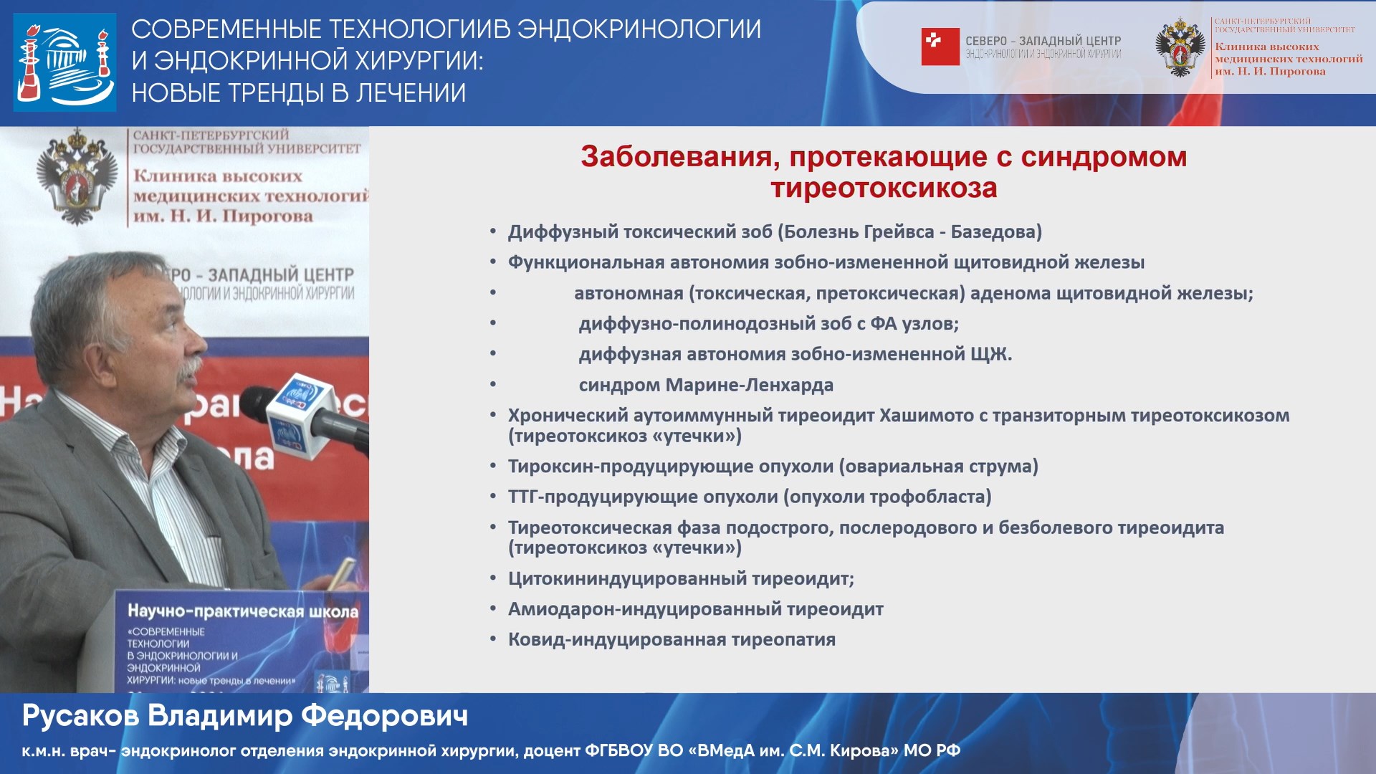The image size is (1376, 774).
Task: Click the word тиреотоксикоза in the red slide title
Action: tap(883, 188)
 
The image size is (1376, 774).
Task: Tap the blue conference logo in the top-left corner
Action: tap(64, 62)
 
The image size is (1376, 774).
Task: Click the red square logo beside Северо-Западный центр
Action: tap(940, 47)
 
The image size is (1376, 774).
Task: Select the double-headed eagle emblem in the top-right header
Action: tap(1180, 47)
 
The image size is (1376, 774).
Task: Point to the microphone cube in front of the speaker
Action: tap(299, 416)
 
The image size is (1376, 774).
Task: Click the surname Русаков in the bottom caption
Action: tap(80, 716)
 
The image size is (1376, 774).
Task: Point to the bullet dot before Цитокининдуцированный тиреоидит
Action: tap(493, 578)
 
